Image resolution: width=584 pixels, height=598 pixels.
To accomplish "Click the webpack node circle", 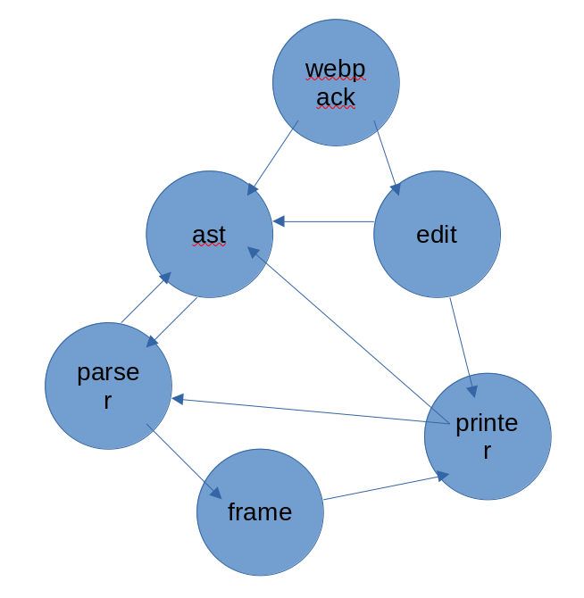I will point(336,82).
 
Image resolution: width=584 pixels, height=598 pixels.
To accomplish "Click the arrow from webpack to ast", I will point(273,158).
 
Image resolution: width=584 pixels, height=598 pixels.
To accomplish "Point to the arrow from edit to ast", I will point(323,221).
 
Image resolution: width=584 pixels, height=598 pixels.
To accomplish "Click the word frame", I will point(260,512).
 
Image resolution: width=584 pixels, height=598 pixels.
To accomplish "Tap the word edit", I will point(437,235).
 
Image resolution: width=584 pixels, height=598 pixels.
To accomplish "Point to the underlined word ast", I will point(209,235).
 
